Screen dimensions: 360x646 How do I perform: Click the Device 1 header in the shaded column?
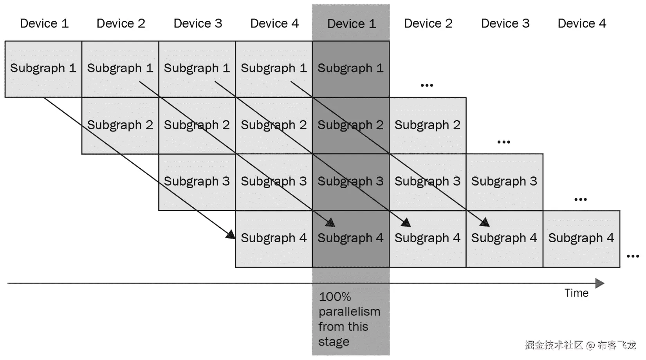351,24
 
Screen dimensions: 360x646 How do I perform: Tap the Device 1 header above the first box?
44,23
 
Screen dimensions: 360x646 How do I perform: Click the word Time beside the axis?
576,293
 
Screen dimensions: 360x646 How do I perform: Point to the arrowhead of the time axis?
600,283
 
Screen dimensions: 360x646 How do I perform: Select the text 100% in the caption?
335,297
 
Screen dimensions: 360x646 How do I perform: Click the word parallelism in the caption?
349,312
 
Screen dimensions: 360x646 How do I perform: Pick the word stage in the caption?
334,342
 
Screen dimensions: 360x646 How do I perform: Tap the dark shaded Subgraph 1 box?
351,69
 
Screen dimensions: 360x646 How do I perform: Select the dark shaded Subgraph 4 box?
351,239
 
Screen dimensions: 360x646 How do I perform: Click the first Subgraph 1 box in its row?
43,69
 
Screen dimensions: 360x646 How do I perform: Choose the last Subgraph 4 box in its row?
581,239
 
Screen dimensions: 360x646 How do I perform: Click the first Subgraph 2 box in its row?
120,125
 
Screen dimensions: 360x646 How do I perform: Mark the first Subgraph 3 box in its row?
197,182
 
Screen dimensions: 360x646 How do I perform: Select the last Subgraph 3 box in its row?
504,182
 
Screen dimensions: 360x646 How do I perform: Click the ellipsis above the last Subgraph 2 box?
427,85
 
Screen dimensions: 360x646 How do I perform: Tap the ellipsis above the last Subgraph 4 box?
580,200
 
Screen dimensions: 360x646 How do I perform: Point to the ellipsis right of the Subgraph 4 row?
633,256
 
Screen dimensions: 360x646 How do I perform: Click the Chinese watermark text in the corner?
580,345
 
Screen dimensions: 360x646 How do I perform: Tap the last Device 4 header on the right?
582,23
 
